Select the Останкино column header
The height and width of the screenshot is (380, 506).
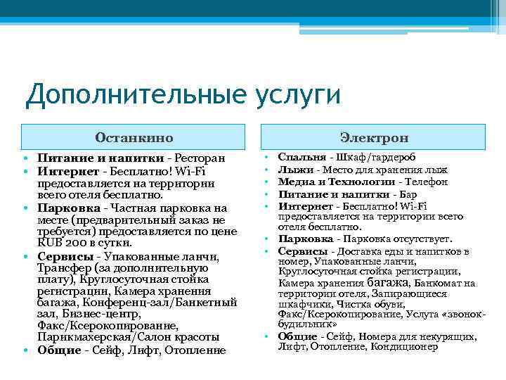pyautogui.click(x=134, y=137)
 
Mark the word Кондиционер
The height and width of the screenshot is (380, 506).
pyautogui.click(x=408, y=346)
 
